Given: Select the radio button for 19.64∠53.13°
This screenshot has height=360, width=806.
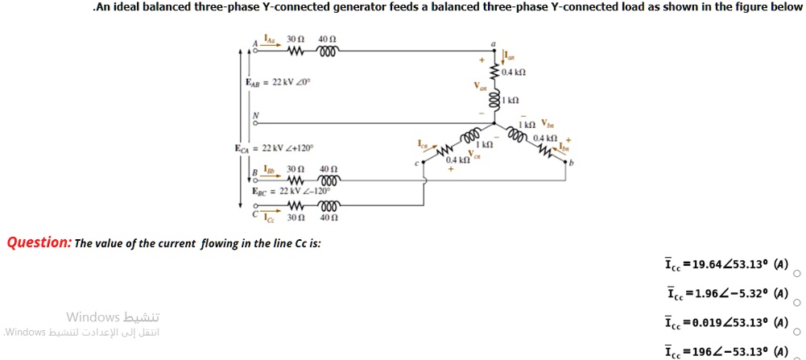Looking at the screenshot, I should pos(797,274).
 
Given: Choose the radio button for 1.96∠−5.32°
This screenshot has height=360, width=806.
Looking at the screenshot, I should pos(797,303).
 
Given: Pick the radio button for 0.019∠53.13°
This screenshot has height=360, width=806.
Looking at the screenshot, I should pos(797,332).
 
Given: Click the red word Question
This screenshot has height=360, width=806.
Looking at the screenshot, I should pos(39,242).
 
